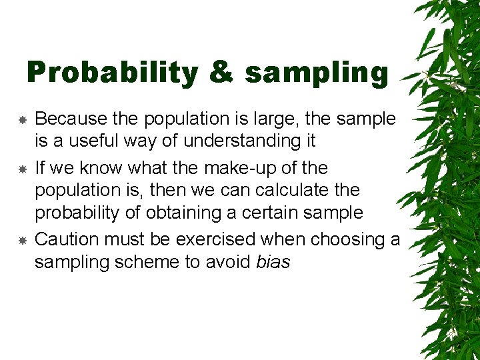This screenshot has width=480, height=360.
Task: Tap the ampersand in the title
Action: [x=221, y=73]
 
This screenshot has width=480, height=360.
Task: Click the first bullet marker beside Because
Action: [x=22, y=120]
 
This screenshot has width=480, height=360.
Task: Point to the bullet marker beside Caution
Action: [x=22, y=240]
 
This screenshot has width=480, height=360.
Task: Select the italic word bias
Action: [x=273, y=263]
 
